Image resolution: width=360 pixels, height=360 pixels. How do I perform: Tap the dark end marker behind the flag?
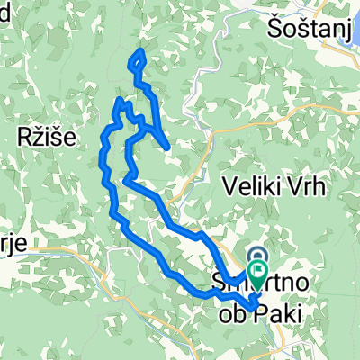[258, 257]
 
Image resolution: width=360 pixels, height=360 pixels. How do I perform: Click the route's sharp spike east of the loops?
[168, 147]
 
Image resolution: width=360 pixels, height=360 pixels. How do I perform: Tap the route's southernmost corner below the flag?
[250, 308]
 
